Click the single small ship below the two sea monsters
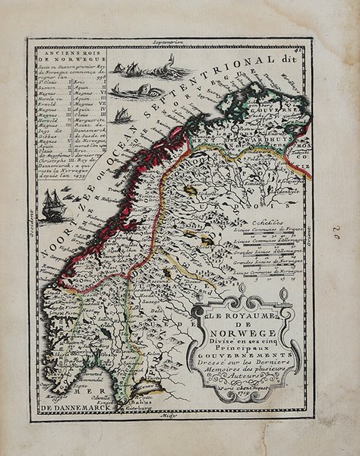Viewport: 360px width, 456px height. pos(122,116)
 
